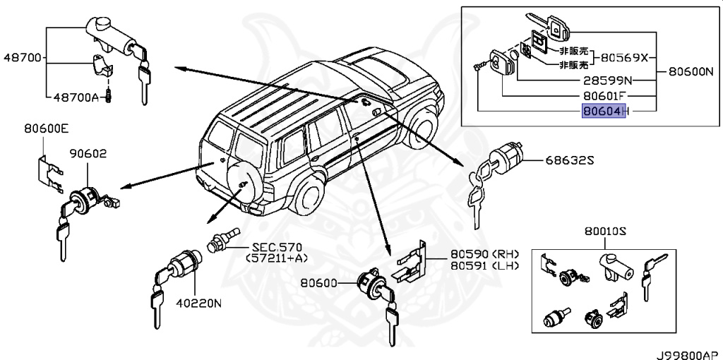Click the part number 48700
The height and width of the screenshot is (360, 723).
(22, 57)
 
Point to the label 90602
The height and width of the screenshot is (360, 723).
(86, 152)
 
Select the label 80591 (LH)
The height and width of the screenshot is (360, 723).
(484, 265)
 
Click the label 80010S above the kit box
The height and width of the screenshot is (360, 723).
(606, 231)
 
